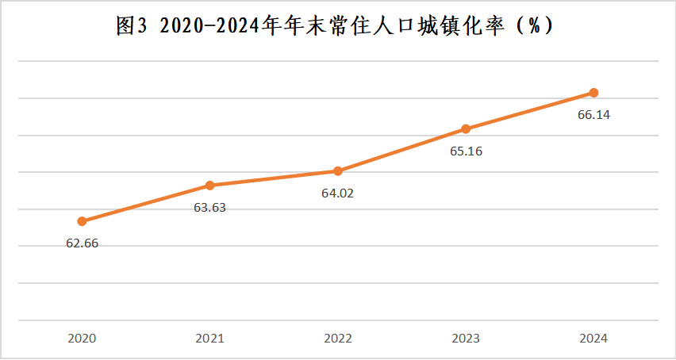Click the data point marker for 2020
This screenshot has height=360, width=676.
pos(82,221)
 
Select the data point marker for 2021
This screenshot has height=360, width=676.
pos(209,186)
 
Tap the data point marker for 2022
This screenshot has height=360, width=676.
pos(337,171)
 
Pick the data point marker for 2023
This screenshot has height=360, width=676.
pos(466,129)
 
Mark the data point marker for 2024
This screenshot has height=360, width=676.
pos(593,93)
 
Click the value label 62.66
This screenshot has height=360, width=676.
pos(82,243)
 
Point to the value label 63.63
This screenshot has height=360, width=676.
pos(209,208)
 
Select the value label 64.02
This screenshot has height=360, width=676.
pos(337,193)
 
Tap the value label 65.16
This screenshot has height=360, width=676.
pos(466,151)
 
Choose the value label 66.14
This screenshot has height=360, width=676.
pos(593,115)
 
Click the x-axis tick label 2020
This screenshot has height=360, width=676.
pos(82,339)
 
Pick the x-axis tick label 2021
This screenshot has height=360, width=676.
pos(209,339)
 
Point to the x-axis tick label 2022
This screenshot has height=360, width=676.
pos(337,339)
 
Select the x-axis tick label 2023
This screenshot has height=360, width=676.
pos(466,339)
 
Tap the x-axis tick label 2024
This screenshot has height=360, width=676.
pos(593,339)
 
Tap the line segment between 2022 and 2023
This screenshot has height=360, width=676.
pos(401,150)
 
